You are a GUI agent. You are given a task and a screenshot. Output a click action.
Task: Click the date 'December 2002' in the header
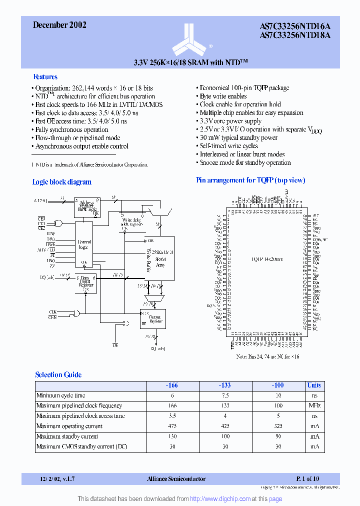pos(59,25)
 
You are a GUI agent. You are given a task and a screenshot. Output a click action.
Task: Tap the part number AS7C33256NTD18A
pos(295,35)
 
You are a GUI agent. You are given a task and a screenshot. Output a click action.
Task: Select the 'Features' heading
pos(45,77)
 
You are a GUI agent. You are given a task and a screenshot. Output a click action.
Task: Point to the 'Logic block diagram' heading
pos(62,182)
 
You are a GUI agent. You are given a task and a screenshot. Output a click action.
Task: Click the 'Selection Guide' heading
pos(58,374)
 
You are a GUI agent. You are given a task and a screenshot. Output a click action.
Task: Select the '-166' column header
pos(172,385)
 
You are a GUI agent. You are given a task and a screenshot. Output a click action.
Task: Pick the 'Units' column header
pos(314,385)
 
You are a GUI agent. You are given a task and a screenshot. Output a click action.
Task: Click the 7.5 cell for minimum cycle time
pos(225,395)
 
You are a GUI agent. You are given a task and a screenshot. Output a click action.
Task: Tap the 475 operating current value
pos(172,426)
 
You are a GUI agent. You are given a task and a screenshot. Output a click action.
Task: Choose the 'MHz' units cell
pos(314,405)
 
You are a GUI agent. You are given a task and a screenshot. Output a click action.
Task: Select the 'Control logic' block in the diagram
pos(84,244)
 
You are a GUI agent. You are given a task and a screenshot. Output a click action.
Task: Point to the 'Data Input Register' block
pos(85,283)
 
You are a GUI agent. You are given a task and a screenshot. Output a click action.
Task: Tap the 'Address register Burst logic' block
pos(87,206)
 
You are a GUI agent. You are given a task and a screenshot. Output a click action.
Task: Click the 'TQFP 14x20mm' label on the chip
pos(267,259)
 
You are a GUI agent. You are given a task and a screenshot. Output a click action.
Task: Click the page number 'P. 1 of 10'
pos(307,478)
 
